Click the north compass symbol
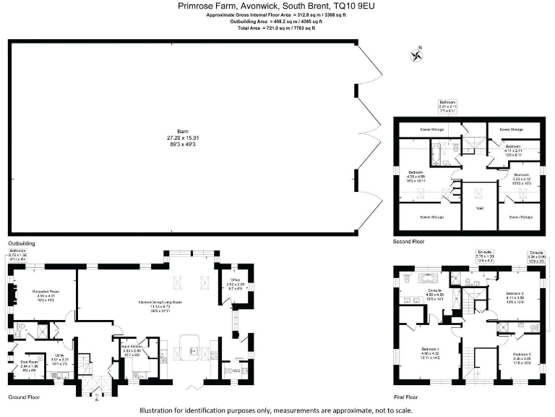pos(416,54)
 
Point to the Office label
pos(235,279)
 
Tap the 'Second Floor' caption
pos(409,241)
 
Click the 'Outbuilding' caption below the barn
pos(22,244)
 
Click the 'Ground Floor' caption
pos(24,397)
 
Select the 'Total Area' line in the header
pos(277,27)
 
